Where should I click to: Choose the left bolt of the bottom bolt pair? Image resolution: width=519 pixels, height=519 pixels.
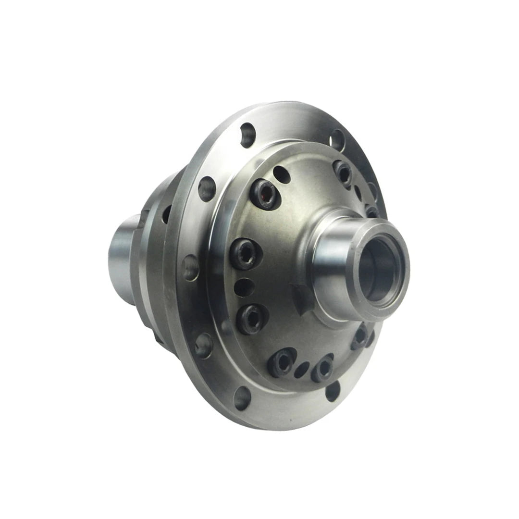[x=282, y=361]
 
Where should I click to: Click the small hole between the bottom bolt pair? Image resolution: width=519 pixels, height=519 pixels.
[x=302, y=369]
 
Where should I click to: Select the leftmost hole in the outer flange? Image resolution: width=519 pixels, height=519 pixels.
[x=191, y=267]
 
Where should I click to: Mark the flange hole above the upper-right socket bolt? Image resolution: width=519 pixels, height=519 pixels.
[x=337, y=139]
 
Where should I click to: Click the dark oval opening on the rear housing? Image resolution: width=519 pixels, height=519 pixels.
[x=166, y=214]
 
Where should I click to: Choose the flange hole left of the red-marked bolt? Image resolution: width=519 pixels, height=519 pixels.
[x=207, y=189]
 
